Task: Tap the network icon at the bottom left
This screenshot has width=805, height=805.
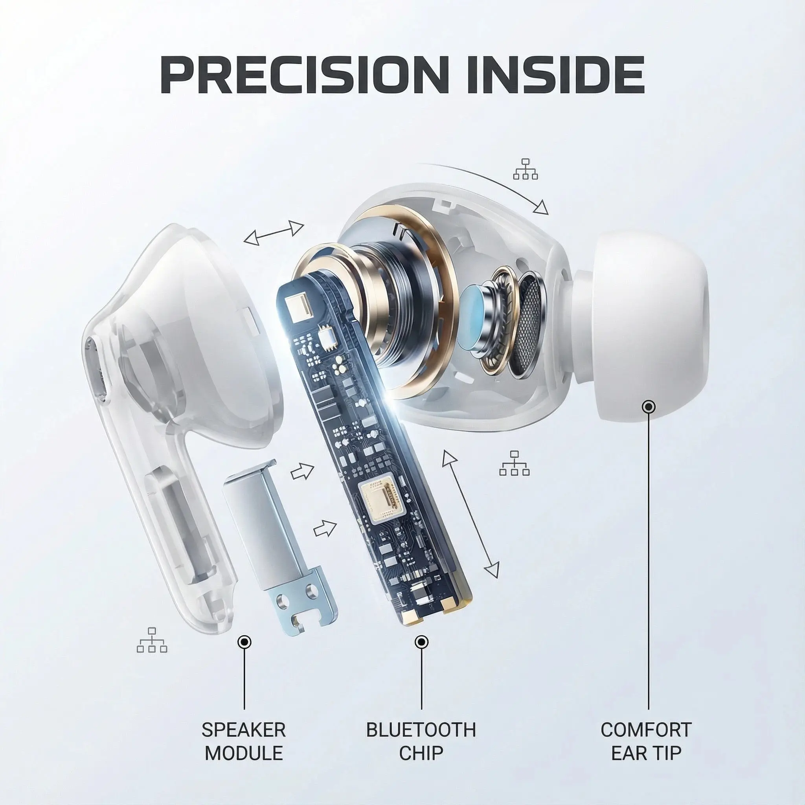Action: click(x=152, y=640)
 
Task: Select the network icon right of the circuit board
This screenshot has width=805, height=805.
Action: click(x=514, y=463)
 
